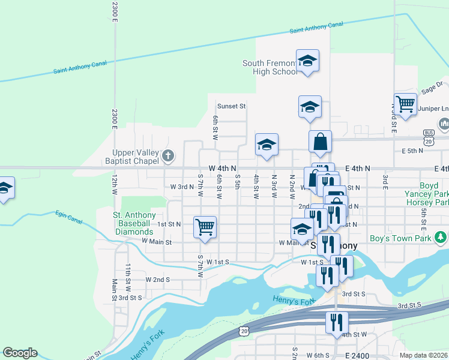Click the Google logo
point(20,353)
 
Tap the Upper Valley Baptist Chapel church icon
point(168,157)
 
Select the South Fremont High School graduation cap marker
point(307,61)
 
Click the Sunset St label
point(232,106)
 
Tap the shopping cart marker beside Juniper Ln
point(405,104)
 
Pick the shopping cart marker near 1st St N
point(205,227)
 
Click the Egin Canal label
point(67,215)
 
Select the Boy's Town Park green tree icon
point(442,238)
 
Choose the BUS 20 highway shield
point(429,136)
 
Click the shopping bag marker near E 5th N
point(321,143)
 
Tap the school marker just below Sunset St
point(310,107)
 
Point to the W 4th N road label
point(223,169)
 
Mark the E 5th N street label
point(413,151)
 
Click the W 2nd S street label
point(158,280)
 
